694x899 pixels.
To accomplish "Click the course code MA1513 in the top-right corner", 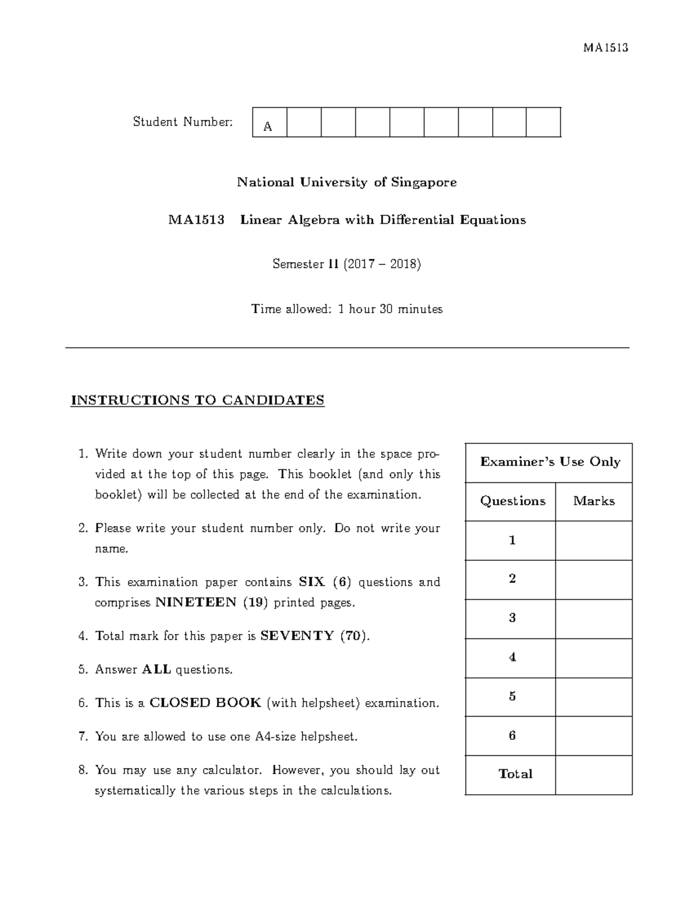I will (x=606, y=47).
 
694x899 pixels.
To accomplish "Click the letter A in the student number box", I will (x=268, y=127).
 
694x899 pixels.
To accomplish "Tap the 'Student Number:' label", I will (x=183, y=122).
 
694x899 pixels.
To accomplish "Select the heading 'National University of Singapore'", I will (x=346, y=182).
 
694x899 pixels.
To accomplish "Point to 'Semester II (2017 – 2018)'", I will (x=346, y=264).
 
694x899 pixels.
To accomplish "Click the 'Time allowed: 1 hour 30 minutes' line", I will (x=346, y=309).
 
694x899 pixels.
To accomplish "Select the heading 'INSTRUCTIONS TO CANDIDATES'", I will (x=197, y=400).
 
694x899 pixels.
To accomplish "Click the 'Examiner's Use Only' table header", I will (x=550, y=462).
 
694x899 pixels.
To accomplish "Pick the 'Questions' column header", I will (x=512, y=501).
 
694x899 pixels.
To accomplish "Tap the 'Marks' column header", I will (x=594, y=501).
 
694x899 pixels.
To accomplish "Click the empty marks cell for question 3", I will (x=594, y=618).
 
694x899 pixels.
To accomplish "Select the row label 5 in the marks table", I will (x=512, y=696).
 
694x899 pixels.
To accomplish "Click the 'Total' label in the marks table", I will (x=515, y=774).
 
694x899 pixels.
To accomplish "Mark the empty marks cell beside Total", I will (x=594, y=775).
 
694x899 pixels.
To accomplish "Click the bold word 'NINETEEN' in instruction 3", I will (x=196, y=603).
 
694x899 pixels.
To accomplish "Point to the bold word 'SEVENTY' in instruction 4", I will (x=297, y=636).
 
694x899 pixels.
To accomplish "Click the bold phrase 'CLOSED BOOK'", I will (x=205, y=703).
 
